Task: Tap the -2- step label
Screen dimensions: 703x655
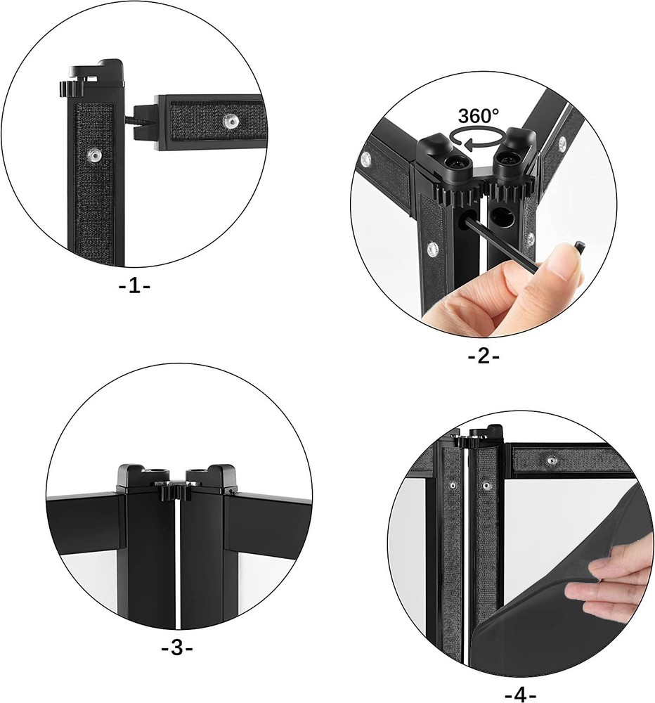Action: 484,356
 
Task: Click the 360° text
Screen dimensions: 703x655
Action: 479,116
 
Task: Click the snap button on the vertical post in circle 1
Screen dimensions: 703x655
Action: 91,153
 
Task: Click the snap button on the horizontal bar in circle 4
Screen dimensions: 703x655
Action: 552,460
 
